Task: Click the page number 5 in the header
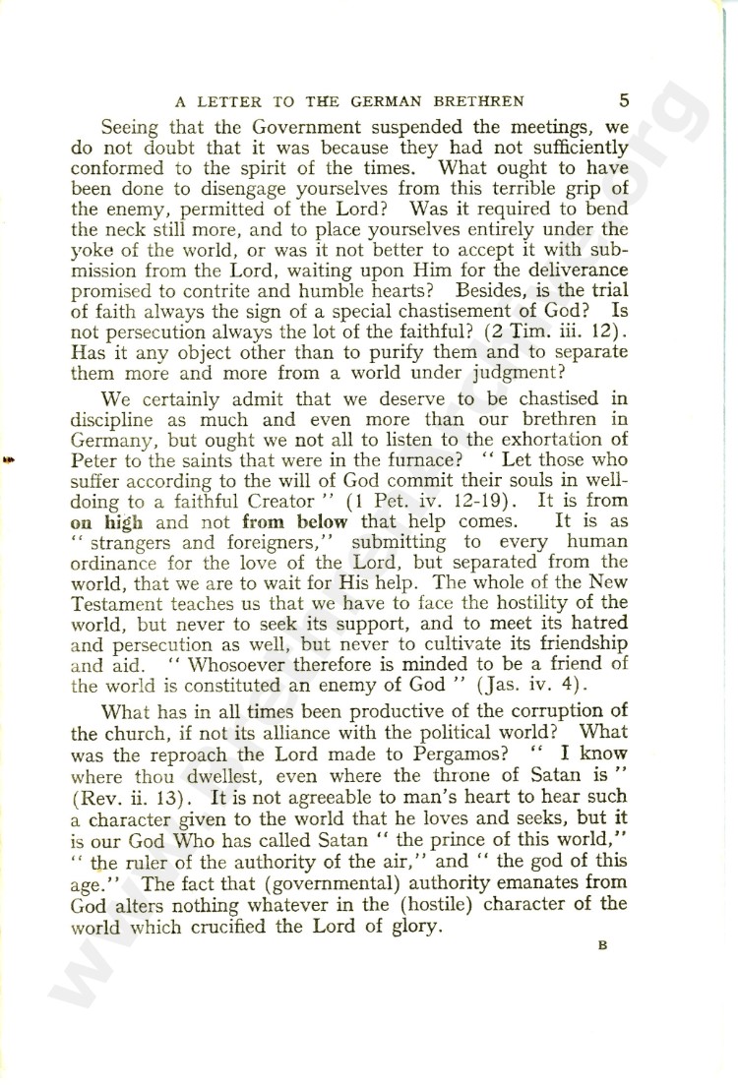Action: tap(625, 99)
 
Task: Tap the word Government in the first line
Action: tap(253, 127)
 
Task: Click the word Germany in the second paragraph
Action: tap(119, 459)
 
